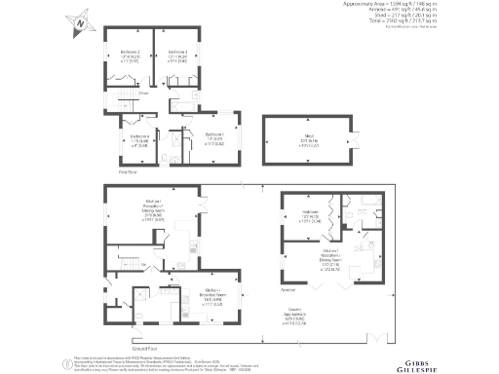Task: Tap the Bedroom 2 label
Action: [130, 55]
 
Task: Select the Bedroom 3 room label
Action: [176, 55]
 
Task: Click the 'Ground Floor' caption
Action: [145, 348]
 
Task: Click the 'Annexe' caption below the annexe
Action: [288, 290]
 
